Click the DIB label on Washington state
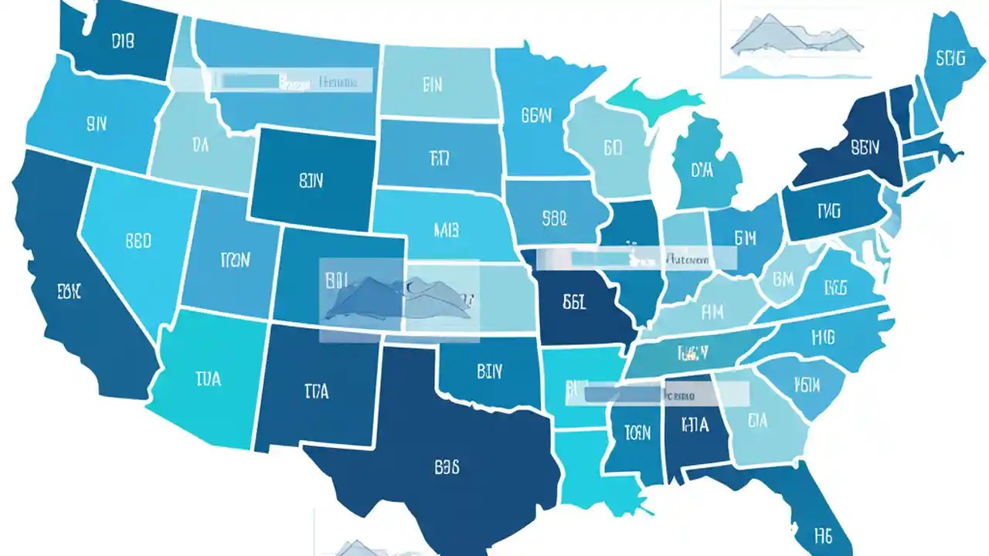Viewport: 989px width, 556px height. click(123, 41)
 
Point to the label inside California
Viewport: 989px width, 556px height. click(70, 291)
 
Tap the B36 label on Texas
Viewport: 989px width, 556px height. click(447, 466)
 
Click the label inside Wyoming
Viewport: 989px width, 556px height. click(311, 181)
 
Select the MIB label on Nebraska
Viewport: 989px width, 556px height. click(447, 229)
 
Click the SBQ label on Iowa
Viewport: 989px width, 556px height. click(555, 218)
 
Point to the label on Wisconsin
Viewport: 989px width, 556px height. click(613, 147)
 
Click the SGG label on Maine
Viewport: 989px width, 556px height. click(950, 58)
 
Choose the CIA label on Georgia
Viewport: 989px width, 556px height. click(757, 421)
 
